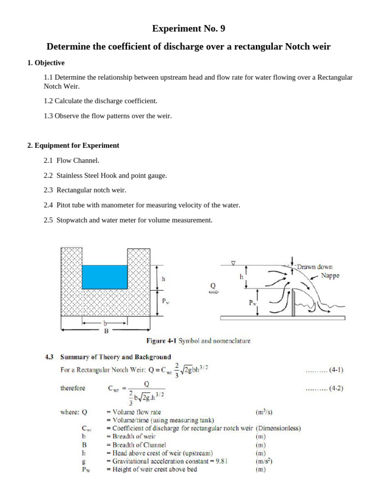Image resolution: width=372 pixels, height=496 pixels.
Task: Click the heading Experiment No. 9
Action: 188,29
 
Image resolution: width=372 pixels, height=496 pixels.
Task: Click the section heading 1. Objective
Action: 46,63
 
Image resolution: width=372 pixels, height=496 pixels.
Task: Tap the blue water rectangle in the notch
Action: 105,277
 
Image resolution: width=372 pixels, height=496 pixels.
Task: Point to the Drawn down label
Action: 314,267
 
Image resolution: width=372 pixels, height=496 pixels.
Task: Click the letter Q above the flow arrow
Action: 213,286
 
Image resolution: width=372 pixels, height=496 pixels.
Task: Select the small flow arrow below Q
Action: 213,292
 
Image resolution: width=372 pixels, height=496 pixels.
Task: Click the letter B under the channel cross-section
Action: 106,331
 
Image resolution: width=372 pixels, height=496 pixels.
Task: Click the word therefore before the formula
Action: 73,388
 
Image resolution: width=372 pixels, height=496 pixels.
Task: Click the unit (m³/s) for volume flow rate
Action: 263,412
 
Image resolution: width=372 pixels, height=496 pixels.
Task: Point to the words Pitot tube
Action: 72,205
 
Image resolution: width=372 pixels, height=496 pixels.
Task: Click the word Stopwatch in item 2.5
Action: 73,220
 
